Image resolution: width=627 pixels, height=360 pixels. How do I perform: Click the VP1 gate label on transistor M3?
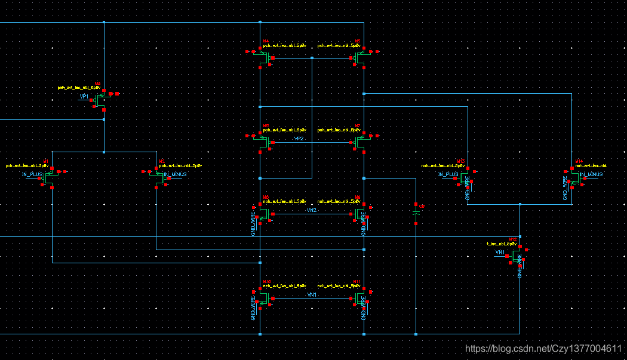(84, 96)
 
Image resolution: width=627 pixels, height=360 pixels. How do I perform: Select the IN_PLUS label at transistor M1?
(32, 174)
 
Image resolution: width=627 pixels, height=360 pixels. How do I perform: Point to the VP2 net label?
(299, 139)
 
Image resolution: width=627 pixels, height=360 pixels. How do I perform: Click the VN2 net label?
(311, 210)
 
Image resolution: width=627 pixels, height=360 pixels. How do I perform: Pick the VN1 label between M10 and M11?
(311, 295)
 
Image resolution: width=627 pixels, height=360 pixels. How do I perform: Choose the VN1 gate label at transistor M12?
(500, 253)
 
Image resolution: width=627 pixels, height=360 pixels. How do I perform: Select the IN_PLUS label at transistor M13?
(448, 174)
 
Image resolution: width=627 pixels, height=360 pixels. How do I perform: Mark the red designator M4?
(266, 41)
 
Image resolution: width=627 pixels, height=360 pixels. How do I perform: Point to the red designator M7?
(357, 126)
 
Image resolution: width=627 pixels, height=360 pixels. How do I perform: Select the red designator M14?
(579, 161)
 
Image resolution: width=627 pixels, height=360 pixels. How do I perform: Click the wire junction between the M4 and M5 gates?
(312, 58)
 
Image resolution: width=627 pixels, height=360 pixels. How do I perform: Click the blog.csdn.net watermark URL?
(543, 348)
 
